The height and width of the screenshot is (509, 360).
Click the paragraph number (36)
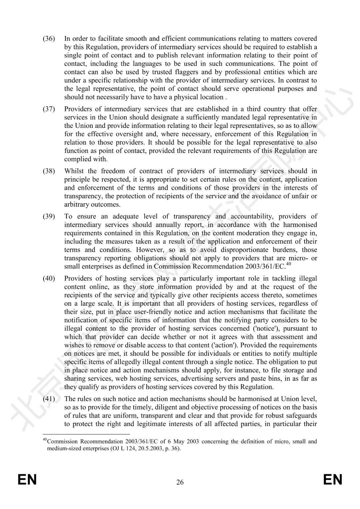coord(49,39)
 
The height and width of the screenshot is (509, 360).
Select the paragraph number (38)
coord(49,171)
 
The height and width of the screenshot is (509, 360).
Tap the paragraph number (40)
coord(49,278)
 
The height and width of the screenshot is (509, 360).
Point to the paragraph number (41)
coord(49,399)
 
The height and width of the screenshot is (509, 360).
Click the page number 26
coord(180,482)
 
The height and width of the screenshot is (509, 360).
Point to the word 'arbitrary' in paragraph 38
coord(77,204)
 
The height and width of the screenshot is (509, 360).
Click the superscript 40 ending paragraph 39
coord(289,265)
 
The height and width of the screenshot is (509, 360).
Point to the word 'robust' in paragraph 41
coord(273,415)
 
